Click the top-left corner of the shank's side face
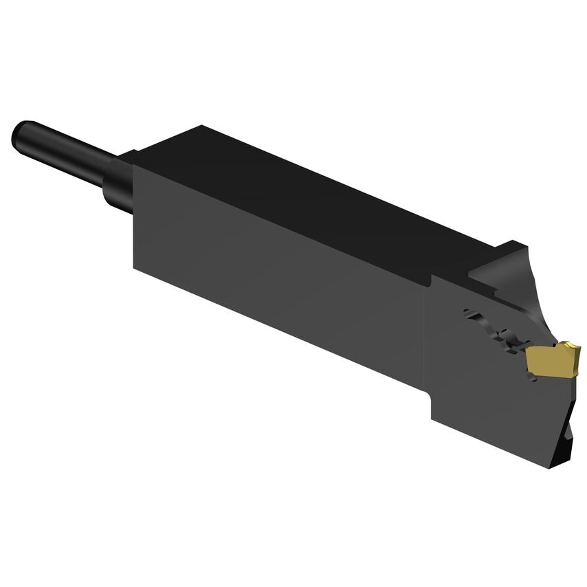pyautogui.click(x=134, y=166)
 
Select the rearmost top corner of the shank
pyautogui.click(x=201, y=125)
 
